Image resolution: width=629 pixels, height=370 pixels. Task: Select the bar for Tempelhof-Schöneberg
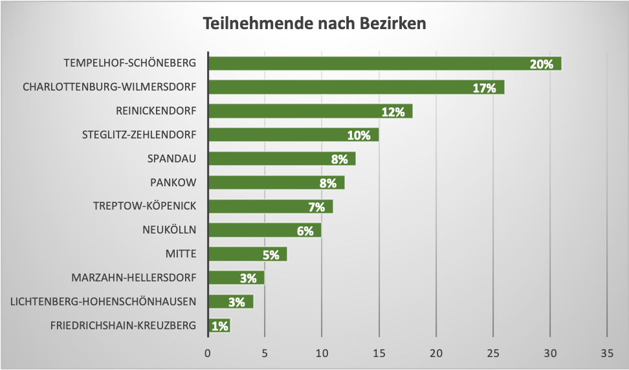pyautogui.click(x=384, y=63)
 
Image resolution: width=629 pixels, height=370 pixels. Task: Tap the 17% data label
pyautogui.click(x=484, y=88)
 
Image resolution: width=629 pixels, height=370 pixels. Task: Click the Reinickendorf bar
pyautogui.click(x=310, y=111)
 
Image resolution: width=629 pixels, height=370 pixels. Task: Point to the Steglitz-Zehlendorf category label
pyautogui.click(x=139, y=135)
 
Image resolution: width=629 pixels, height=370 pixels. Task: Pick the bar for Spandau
pyautogui.click(x=281, y=158)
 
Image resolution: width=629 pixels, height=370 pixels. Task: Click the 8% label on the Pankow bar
pyautogui.click(x=328, y=183)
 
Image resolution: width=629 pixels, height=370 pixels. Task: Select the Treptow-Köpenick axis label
pyautogui.click(x=145, y=206)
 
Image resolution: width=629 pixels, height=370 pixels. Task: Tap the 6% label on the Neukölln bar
pyautogui.click(x=305, y=231)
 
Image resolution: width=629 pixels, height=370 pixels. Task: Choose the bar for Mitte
pyautogui.click(x=247, y=254)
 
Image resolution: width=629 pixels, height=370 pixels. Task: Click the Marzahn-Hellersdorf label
pyautogui.click(x=134, y=277)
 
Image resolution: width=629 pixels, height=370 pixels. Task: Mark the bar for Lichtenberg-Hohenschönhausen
pyautogui.click(x=230, y=301)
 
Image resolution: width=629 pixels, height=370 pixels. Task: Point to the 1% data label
pyautogui.click(x=219, y=326)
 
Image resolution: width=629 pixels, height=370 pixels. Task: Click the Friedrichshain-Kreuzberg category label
pyautogui.click(x=123, y=325)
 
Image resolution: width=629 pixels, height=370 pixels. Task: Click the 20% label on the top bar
pyautogui.click(x=542, y=64)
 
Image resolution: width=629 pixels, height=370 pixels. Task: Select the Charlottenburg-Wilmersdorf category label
pyautogui.click(x=109, y=87)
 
